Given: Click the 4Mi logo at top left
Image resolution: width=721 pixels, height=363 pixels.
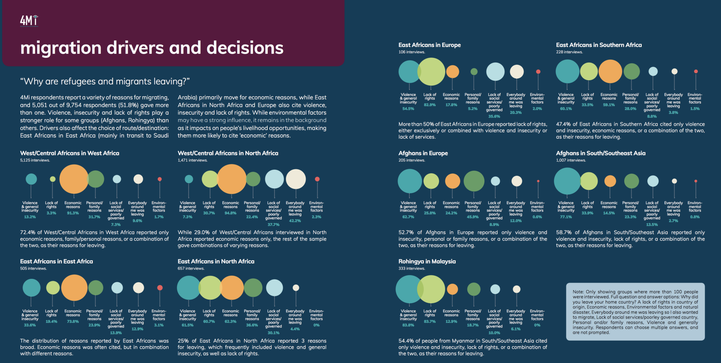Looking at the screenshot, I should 29,21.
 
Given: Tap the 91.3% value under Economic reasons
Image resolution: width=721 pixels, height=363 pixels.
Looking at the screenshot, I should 73,213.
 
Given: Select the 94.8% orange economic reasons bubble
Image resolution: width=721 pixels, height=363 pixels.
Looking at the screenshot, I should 231,179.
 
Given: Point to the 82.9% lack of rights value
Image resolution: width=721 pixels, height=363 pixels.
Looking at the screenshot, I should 430,105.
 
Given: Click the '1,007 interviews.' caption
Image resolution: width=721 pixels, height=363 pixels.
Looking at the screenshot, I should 571,160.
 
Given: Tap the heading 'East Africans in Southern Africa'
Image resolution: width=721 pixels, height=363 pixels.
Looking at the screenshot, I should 599,45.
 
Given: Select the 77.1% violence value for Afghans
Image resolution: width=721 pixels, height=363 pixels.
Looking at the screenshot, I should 566,217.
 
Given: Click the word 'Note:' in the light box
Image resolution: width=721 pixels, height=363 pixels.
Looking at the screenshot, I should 578,292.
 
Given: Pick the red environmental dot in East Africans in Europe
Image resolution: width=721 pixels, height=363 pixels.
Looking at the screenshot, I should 538,72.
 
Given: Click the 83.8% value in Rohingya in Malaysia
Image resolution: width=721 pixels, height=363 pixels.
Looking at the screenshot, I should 408,325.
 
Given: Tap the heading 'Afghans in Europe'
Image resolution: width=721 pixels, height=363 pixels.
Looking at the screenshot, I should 423,153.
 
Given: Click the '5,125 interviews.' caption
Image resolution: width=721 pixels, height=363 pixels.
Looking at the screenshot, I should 35,160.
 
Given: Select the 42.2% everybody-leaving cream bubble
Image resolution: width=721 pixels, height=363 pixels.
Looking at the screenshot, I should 296,179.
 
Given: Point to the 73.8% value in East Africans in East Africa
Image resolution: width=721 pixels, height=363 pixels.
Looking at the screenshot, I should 73,321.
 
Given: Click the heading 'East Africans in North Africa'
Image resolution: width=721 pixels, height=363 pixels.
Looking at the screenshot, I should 216,262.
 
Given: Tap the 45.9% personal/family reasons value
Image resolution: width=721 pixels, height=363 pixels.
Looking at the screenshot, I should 473,217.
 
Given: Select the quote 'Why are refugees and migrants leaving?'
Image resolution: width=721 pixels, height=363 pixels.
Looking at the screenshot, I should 105,81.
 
